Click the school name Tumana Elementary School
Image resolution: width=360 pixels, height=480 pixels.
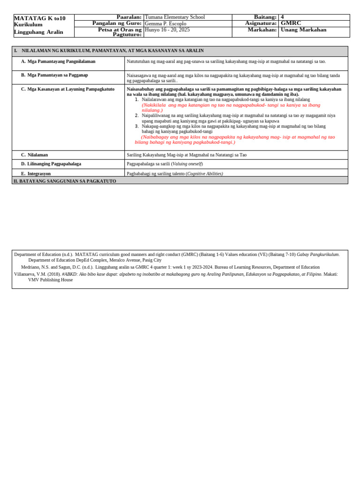(x=175, y=17)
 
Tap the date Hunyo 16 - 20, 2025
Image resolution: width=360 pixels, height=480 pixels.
(x=167, y=30)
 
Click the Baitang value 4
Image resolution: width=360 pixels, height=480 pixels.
(x=282, y=17)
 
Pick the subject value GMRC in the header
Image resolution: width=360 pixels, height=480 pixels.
(x=291, y=23)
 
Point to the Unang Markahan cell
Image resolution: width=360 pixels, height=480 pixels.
(x=303, y=30)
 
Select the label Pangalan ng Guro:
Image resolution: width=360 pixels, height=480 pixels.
(x=117, y=23)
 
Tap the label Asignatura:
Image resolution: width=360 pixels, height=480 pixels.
(x=261, y=23)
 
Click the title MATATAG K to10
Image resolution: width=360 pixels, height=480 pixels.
(x=40, y=18)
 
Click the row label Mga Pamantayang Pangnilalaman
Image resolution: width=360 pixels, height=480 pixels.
(x=61, y=61)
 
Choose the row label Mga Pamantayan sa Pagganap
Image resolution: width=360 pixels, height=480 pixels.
(x=58, y=75)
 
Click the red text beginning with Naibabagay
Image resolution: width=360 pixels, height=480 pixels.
(x=234, y=139)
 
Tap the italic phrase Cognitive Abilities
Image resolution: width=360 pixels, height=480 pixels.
(x=205, y=173)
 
